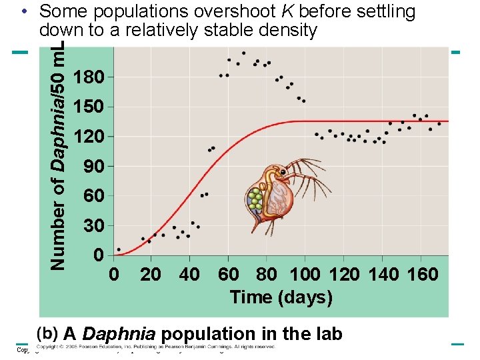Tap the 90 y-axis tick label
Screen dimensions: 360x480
[x=94, y=167]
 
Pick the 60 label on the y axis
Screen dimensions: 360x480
[x=94, y=197]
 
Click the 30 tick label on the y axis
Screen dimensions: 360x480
[x=94, y=226]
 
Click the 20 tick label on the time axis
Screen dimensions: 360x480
[x=151, y=274]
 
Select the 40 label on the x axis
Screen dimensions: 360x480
[x=189, y=274]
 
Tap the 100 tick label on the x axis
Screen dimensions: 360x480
[x=306, y=274]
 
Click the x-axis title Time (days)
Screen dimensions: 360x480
[x=281, y=297]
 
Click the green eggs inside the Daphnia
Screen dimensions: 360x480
[x=255, y=199]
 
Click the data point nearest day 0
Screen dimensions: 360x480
[x=119, y=249]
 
